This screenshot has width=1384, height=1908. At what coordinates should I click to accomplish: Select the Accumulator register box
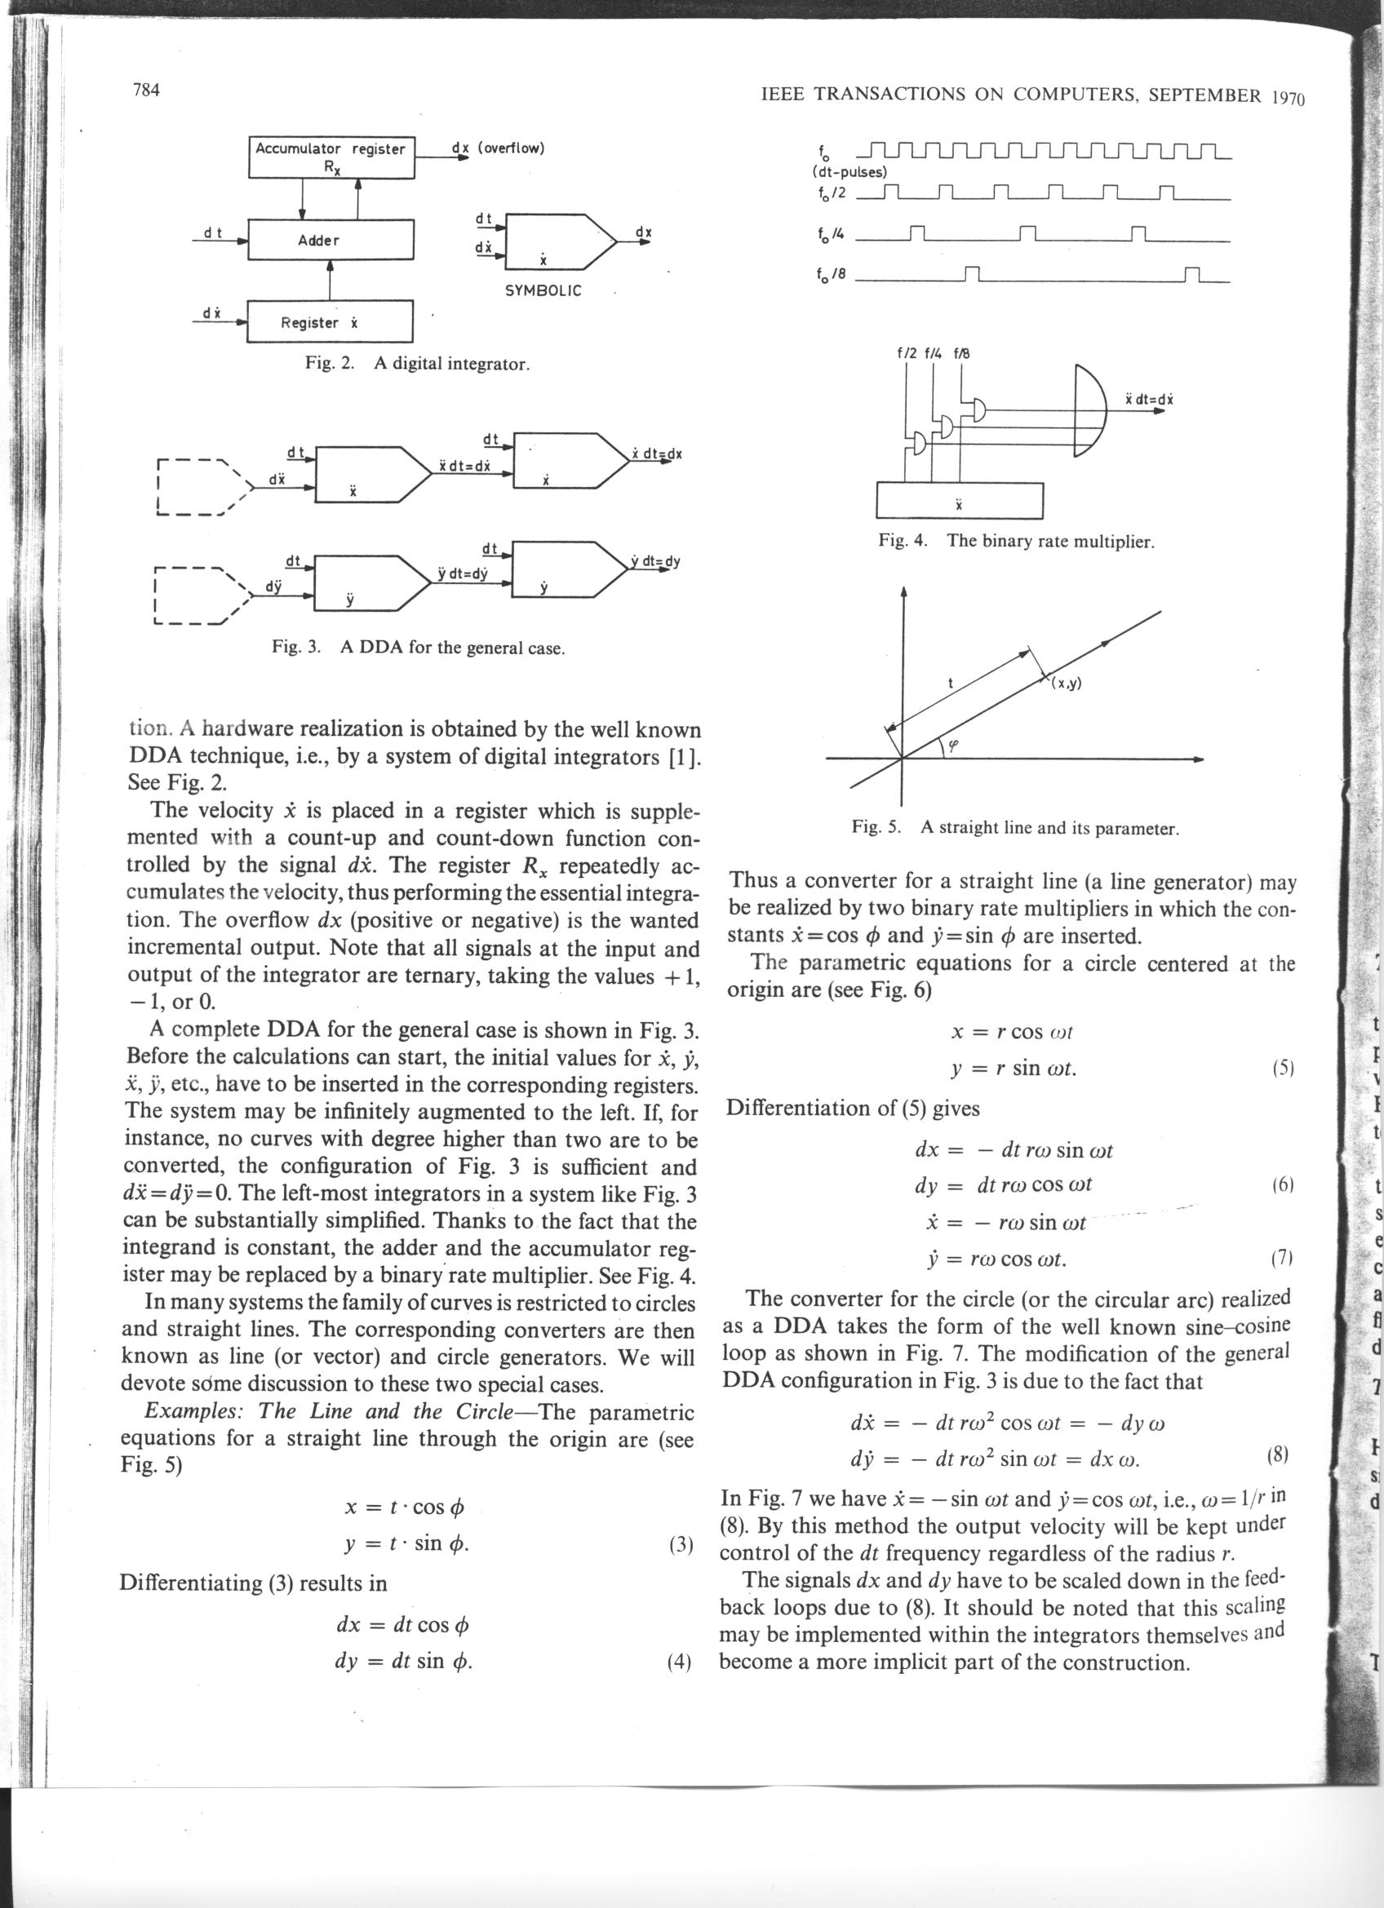[x=331, y=157]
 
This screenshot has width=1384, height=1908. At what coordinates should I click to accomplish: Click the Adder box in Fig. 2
[x=331, y=240]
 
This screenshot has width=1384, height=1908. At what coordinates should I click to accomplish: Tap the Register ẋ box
[x=330, y=322]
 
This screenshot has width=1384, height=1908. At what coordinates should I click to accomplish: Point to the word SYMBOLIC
[x=543, y=291]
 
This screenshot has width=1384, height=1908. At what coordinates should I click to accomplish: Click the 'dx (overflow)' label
[x=498, y=148]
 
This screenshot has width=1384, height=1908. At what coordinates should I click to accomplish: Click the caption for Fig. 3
[x=417, y=648]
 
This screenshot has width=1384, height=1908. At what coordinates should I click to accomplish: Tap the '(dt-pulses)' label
[x=849, y=172]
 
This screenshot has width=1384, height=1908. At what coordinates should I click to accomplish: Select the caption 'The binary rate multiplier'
[x=1050, y=541]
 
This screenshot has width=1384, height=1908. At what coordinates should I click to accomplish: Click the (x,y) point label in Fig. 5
[x=1065, y=683]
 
